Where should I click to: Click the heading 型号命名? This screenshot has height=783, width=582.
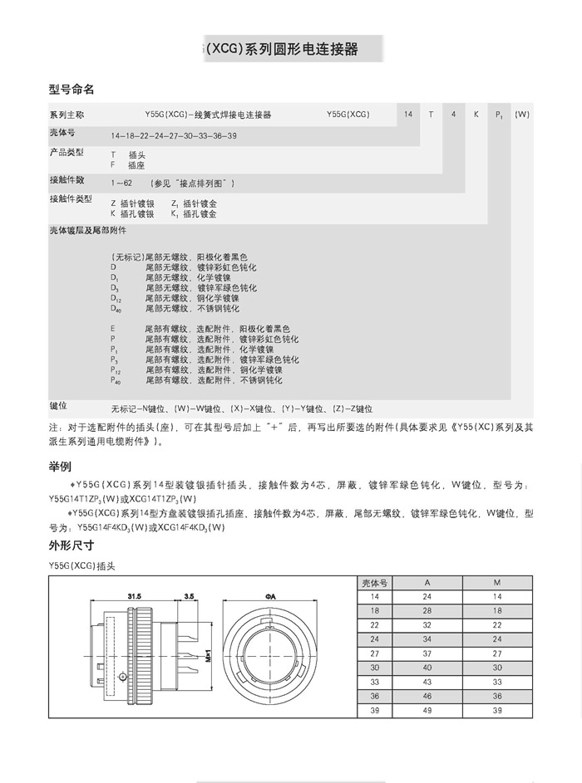click(x=72, y=88)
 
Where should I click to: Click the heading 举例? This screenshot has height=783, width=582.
click(x=61, y=467)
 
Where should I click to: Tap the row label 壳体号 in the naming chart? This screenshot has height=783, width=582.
click(x=62, y=133)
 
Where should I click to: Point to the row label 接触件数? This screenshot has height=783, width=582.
click(x=67, y=179)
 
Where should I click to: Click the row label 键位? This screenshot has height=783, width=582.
click(x=58, y=406)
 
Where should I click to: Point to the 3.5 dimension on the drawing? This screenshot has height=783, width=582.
click(x=189, y=596)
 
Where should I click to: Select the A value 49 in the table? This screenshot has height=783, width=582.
click(x=427, y=711)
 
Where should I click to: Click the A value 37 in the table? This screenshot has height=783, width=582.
click(x=427, y=653)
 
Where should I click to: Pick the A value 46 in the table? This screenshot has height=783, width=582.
click(x=427, y=697)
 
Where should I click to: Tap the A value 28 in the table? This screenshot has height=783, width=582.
click(x=427, y=611)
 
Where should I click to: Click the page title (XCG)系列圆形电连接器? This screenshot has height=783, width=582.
click(x=283, y=49)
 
